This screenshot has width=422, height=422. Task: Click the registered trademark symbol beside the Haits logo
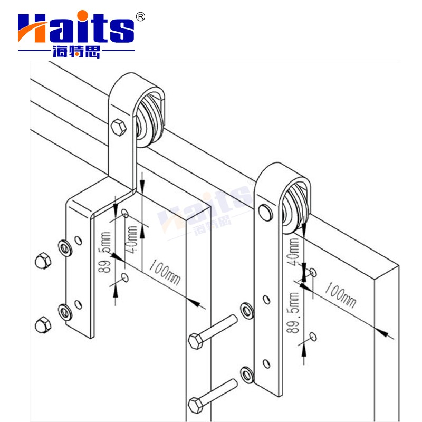[x=140, y=16]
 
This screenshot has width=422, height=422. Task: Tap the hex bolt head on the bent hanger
[x=118, y=127]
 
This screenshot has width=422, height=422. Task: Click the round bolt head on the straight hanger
[x=264, y=213]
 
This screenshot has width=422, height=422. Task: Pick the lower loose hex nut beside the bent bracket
[x=42, y=324]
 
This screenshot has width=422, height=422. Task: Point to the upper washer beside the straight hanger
[x=246, y=310]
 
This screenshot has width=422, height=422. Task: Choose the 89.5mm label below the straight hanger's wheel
[x=293, y=312]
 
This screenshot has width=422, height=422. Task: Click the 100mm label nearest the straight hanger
[x=339, y=296]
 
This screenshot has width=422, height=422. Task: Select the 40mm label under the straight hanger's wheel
[x=294, y=252]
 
